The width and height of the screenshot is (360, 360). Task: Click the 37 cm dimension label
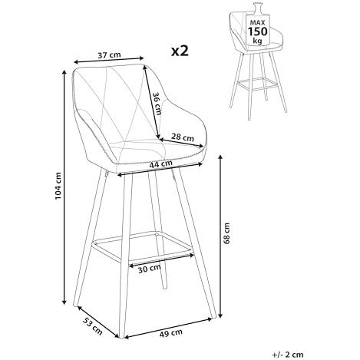pos(109,54)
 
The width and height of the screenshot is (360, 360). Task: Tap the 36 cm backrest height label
pos(157,103)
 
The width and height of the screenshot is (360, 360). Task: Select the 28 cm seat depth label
pos(183,137)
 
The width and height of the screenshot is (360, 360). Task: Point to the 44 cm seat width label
pos(160,164)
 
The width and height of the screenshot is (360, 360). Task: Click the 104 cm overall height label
pos(58,186)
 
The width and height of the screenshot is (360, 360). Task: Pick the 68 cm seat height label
pos(226,233)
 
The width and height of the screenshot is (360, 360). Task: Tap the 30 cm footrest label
pos(150,269)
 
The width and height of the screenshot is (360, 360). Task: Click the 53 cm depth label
pos(93,326)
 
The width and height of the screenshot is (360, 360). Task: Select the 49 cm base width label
pos(171,333)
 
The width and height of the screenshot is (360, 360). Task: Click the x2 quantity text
pos(180,51)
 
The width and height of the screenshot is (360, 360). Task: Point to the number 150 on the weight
pos(257,31)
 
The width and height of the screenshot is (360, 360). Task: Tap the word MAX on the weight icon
pos(257,22)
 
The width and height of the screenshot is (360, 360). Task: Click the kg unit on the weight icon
pos(257,41)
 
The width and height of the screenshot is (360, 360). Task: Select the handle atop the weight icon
pos(257,7)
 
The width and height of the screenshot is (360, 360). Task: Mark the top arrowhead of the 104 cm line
pos(64,72)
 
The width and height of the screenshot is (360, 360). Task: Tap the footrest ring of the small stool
pos(258,84)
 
